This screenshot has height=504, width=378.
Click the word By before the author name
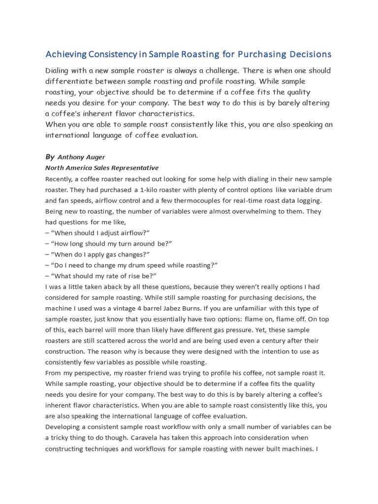50,157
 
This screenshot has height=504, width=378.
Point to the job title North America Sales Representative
102,168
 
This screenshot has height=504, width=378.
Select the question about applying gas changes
100,254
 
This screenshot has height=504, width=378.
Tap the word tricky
61,437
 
